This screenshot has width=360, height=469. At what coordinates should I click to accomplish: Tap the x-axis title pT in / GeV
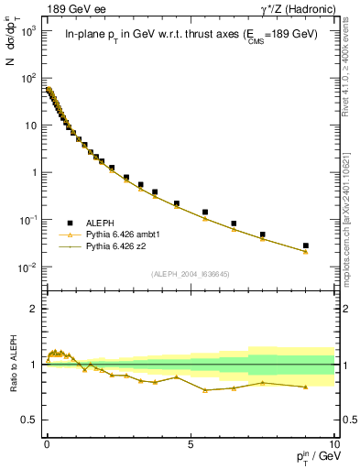coord(311,457)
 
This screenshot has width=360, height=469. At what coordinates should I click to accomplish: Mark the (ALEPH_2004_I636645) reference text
coord(190,274)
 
